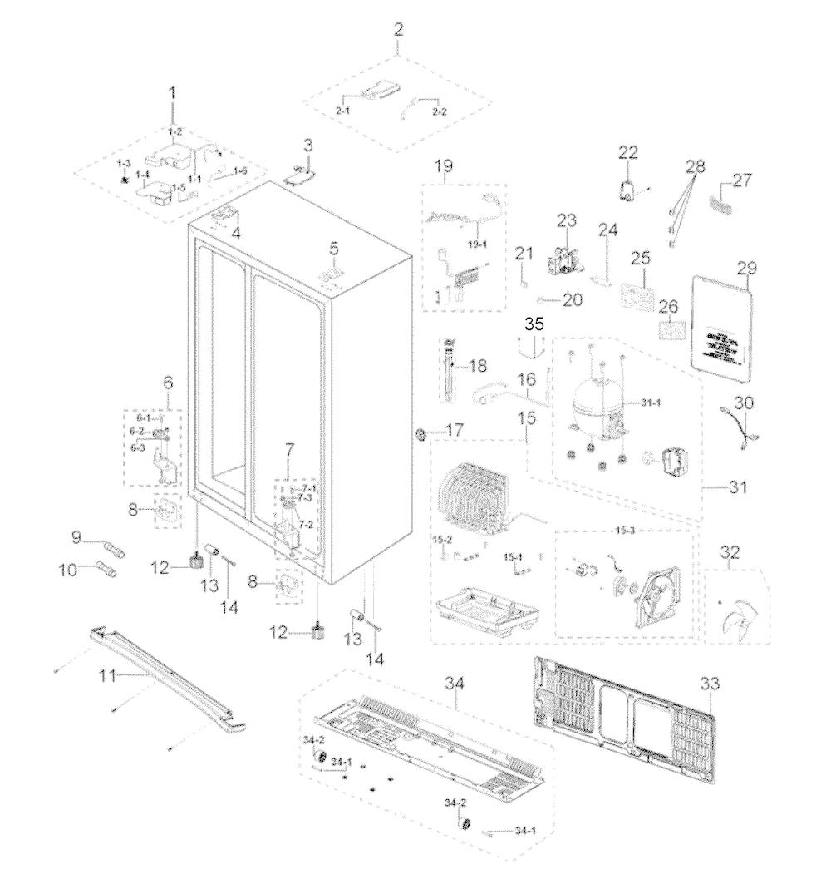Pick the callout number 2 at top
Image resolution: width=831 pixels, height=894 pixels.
click(398, 31)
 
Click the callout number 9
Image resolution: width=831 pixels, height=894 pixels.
click(76, 538)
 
